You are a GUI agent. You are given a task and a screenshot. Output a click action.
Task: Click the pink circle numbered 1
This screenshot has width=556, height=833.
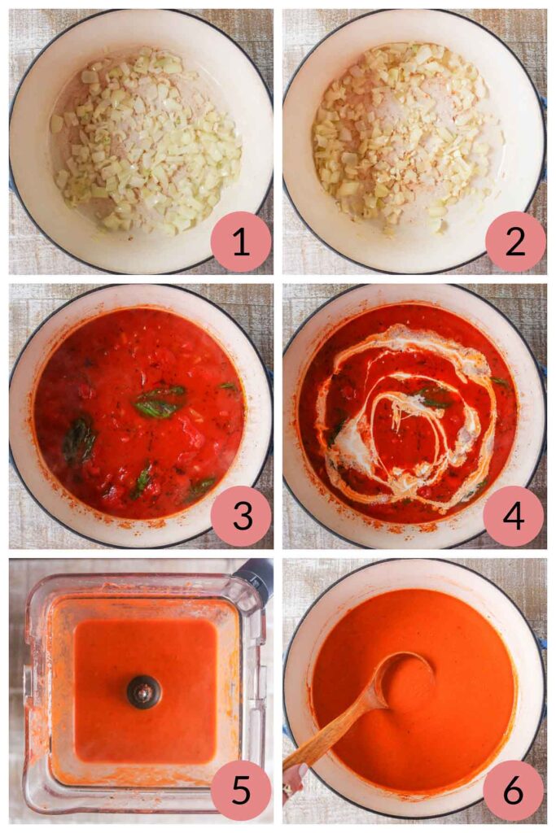(241, 242)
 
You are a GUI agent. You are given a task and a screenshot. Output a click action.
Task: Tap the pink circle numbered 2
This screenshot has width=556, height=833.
(514, 242)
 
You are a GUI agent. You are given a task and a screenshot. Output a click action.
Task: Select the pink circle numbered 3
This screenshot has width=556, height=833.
(241, 516)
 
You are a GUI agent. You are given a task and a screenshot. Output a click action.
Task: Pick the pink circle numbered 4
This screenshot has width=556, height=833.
(514, 516)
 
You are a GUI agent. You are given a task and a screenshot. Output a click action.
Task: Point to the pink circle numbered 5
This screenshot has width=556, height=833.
(241, 790)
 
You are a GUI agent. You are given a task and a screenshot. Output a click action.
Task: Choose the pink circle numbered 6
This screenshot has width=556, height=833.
(514, 790)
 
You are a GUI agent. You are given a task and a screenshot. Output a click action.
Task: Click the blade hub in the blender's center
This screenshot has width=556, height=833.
(144, 691)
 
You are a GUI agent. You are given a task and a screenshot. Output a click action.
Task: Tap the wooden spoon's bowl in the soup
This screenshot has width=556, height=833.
(405, 676)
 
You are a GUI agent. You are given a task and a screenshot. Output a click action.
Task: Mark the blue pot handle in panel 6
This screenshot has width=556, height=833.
(542, 643)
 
